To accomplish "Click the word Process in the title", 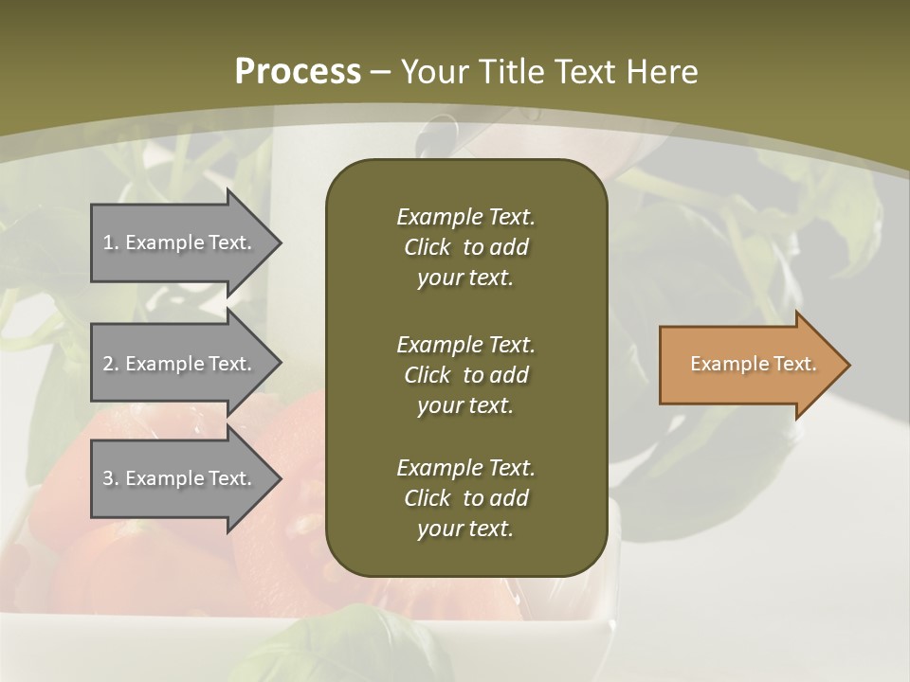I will (x=298, y=72).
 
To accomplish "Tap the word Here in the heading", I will (x=662, y=72).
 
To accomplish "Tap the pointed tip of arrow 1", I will (x=279, y=242).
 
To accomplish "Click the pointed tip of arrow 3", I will (x=279, y=478).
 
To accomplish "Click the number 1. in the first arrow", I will (x=111, y=242).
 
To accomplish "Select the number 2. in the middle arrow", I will (x=111, y=364).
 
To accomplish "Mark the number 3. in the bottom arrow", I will (x=111, y=478).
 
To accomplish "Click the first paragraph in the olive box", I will (x=465, y=247).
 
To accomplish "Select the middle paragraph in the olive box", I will (x=465, y=375).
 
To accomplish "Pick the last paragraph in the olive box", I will (x=465, y=498).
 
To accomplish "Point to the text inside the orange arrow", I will (x=753, y=364).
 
